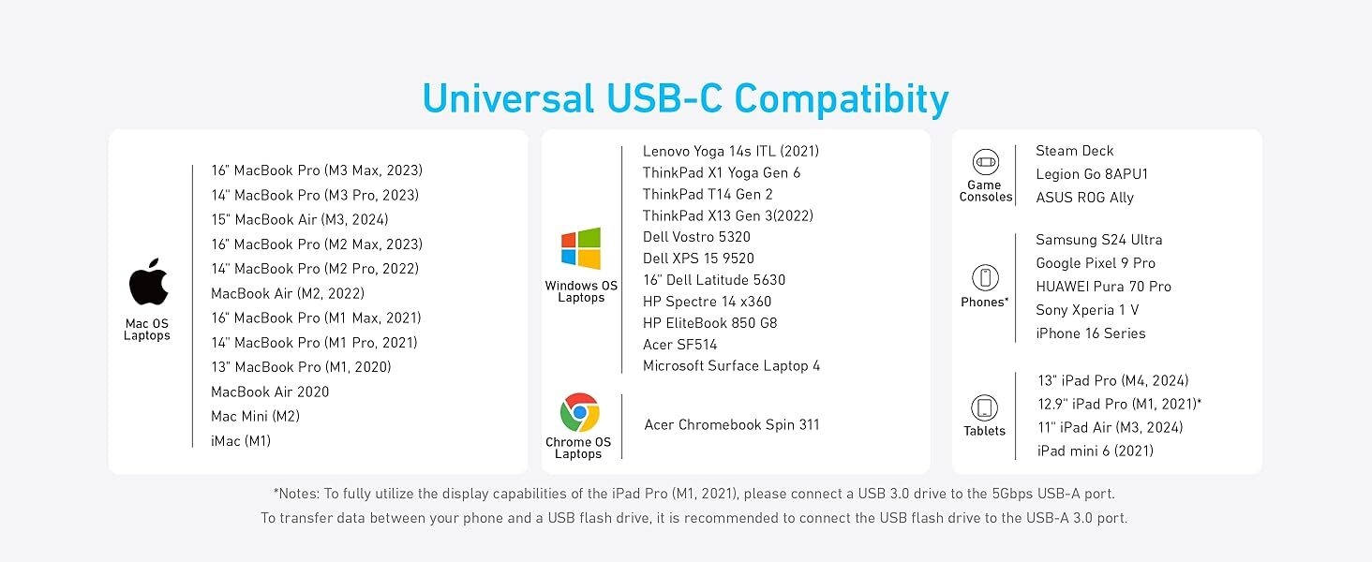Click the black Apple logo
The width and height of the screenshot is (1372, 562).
[148, 282]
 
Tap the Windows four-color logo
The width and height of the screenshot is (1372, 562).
[581, 248]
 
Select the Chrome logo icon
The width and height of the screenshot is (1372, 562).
[579, 412]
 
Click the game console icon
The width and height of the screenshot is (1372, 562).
[986, 162]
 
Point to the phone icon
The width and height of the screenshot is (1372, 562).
[985, 278]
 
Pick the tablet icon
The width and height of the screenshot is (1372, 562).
[984, 407]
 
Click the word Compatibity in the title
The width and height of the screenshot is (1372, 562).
[841, 99]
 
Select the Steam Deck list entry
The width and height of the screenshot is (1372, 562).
[1074, 151]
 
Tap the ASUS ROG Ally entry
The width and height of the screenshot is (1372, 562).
[1084, 198]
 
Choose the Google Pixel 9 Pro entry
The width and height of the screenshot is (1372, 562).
[1096, 263]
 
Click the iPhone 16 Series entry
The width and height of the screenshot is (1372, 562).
[1090, 333]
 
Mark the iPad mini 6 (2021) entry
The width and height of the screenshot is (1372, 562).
[1096, 451]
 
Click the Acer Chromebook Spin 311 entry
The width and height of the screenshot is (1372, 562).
[731, 425]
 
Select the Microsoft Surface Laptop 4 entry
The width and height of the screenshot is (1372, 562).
[731, 365]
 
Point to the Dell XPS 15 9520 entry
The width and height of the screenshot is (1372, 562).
[698, 259]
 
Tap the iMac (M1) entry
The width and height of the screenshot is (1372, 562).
[241, 441]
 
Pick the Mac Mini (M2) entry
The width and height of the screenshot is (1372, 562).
[256, 416]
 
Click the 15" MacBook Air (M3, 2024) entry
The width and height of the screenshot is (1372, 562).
[300, 219]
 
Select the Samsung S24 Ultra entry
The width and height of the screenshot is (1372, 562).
[1099, 240]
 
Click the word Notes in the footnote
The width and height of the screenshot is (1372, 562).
[299, 494]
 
